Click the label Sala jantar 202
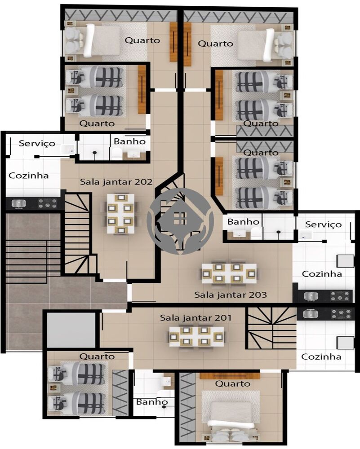[117, 182]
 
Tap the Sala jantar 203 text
[231, 295]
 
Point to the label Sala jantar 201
[196, 318]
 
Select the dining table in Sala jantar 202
[120, 213]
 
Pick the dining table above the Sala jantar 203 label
[229, 273]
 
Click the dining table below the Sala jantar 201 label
[196, 336]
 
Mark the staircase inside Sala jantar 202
[79, 233]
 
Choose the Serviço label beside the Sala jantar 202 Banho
[37, 143]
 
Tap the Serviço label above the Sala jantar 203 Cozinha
[323, 224]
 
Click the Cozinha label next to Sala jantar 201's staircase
[321, 357]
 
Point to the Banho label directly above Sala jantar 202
[129, 141]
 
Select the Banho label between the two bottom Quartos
[152, 402]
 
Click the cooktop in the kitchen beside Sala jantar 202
[47, 203]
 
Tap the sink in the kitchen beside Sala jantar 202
[18, 203]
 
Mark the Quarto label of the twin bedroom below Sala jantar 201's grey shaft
[97, 357]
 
